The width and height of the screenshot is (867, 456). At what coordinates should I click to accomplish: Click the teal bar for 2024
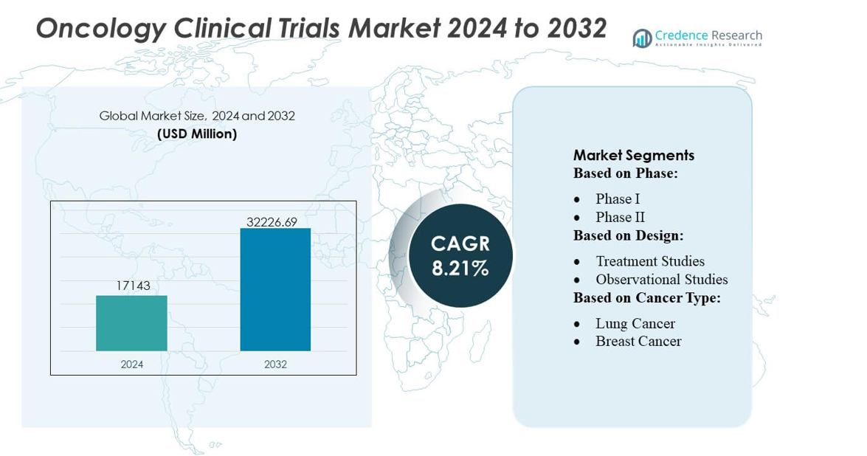tap(131, 323)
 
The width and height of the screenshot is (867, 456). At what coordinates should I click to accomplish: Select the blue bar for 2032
tap(275, 289)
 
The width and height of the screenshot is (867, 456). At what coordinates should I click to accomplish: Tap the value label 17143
tap(133, 286)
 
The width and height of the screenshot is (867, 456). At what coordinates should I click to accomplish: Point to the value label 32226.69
tap(272, 221)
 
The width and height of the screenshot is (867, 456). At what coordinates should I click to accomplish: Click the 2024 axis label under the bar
tap(132, 364)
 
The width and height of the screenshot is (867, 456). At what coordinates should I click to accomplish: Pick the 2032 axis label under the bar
tap(275, 364)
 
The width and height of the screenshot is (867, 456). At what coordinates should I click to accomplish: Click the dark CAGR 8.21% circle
tap(460, 255)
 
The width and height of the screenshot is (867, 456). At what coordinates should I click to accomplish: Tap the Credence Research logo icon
tap(642, 38)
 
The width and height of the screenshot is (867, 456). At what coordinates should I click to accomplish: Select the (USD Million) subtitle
tap(197, 134)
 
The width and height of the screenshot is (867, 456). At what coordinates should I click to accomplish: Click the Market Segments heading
tap(634, 155)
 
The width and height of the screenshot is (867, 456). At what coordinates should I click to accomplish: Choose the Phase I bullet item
tap(618, 199)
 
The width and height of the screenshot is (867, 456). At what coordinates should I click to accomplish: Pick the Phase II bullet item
tap(620, 217)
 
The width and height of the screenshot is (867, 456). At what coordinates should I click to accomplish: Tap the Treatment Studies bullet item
tap(649, 261)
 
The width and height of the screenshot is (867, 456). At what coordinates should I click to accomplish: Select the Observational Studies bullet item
tap(661, 280)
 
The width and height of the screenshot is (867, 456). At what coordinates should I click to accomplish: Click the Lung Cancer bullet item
tap(635, 323)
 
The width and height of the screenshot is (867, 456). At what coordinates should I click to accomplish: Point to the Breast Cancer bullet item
tap(638, 341)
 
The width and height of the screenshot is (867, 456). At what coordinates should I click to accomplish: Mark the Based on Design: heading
tap(628, 235)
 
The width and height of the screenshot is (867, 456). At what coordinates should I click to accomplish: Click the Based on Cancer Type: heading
tap(646, 297)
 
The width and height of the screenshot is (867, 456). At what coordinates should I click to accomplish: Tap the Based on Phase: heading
tap(625, 173)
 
